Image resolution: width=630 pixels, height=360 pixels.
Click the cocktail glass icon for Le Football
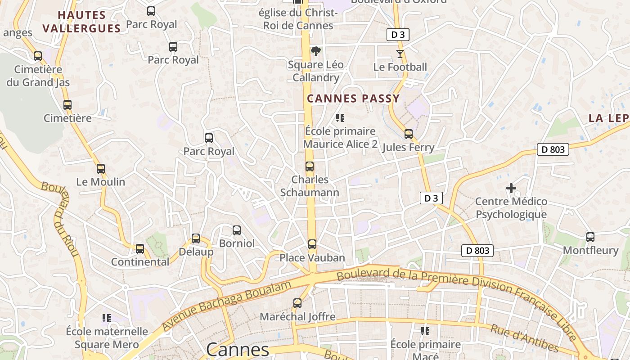[400, 54]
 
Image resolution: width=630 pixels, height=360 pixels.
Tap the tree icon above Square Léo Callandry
[316, 51]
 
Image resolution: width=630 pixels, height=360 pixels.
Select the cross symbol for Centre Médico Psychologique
[511, 188]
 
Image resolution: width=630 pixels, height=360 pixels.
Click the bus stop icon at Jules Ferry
[409, 134]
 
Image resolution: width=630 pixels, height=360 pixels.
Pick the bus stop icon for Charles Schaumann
[310, 166]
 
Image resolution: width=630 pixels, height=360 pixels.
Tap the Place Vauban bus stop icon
[312, 244]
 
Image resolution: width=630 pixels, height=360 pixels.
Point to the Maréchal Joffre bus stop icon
[297, 303]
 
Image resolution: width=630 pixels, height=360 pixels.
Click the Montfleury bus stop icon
[590, 237]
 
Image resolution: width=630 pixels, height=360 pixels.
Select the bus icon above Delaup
[196, 238]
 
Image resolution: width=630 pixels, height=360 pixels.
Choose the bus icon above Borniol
[237, 230]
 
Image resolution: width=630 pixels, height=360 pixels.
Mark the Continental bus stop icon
[140, 248]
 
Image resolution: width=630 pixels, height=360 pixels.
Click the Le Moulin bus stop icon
[101, 169]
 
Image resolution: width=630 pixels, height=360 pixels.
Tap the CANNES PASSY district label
[353, 99]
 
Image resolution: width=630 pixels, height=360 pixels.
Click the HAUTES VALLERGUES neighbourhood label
[82, 22]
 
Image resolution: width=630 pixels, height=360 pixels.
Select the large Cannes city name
[238, 350]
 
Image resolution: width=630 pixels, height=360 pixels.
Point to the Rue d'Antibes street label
[524, 338]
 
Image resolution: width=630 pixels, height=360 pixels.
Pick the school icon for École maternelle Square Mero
[107, 318]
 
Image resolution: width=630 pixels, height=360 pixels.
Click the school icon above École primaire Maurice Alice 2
[340, 118]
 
